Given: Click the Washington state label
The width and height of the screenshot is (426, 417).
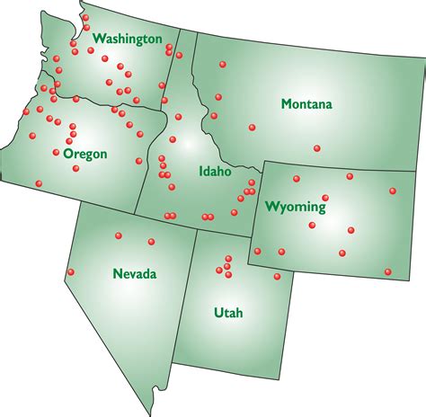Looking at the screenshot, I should [127, 39].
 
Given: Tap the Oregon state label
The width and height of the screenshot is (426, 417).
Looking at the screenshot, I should [85, 154].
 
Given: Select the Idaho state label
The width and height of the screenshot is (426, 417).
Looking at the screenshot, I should [215, 171].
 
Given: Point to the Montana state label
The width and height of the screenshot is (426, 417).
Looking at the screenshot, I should [306, 104].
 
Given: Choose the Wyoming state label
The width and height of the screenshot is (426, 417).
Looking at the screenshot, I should [295, 207].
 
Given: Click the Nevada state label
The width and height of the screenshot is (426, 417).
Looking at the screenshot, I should [135, 273].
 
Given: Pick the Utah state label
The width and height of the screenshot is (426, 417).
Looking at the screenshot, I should [228, 313].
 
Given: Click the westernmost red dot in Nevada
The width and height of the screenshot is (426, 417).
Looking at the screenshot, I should [71, 272].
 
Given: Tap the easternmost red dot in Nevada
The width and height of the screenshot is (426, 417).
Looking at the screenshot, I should [151, 241].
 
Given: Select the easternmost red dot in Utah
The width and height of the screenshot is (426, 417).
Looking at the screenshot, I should [278, 278].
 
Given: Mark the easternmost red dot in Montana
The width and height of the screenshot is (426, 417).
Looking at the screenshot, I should [316, 148].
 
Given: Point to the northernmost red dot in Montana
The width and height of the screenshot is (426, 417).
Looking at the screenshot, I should [223, 64].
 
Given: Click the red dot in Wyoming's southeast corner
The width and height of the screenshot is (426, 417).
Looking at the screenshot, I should [388, 271].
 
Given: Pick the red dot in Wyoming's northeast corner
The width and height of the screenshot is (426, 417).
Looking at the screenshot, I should [393, 191].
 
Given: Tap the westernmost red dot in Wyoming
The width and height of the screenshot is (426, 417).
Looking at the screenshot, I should [257, 251].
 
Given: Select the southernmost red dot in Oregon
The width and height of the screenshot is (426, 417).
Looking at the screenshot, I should [38, 183].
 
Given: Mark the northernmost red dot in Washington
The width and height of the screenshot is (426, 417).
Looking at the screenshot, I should [85, 17].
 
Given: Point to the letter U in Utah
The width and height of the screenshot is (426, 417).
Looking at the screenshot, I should [218, 313].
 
